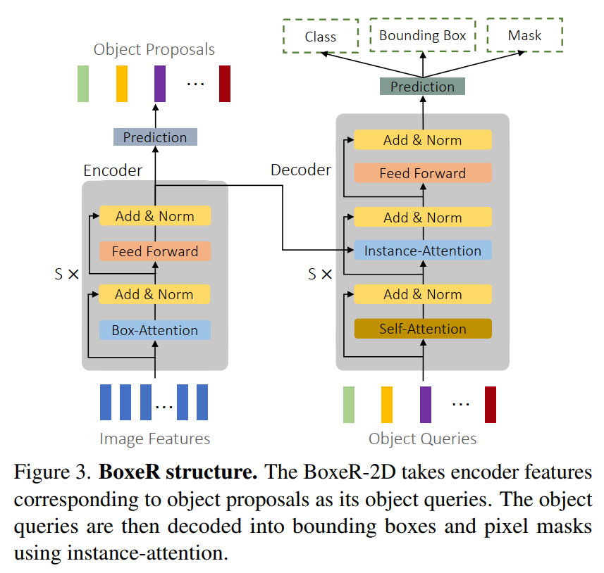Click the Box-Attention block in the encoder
tap(155, 329)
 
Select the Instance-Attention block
tap(422, 251)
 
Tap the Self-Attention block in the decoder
tap(422, 329)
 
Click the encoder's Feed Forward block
tap(155, 251)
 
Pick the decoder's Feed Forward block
tap(422, 173)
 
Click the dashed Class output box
tap(321, 36)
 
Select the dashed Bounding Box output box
tap(422, 35)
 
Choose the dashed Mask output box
tap(524, 35)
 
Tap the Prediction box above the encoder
tap(155, 137)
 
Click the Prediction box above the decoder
tap(422, 87)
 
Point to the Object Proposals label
tap(154, 50)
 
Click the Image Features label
tap(155, 439)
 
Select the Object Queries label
tap(422, 439)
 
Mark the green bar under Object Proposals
tap(83, 84)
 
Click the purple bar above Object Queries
tap(425, 405)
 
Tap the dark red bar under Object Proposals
tap(225, 84)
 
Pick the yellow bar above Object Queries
tap(387, 405)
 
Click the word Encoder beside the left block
tap(113, 171)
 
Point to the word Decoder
tap(301, 170)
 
